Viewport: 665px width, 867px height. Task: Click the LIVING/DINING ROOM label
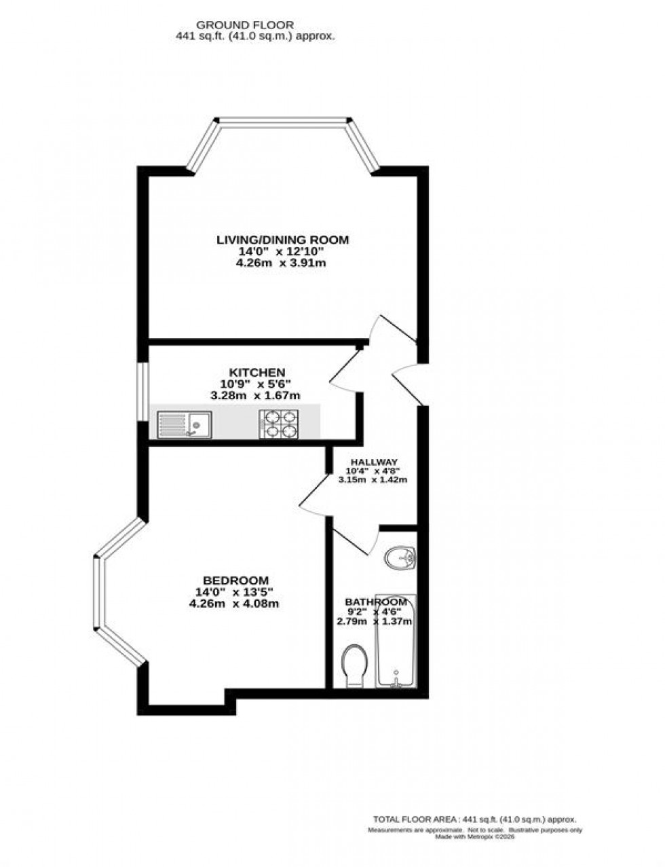282,240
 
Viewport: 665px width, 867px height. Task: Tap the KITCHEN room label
256,372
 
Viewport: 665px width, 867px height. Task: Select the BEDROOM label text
235,580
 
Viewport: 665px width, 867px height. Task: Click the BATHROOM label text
376,602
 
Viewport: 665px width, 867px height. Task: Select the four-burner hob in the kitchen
280,424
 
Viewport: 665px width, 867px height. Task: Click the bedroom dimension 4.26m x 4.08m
235,603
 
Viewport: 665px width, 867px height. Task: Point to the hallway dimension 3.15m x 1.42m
372,480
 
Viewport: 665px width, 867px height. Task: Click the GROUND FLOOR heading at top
245,25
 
